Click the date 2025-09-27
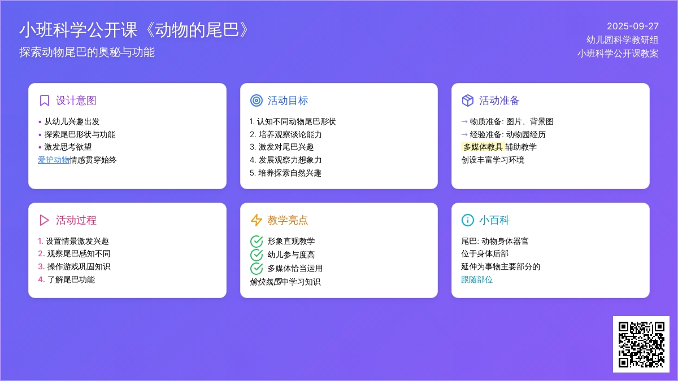click(x=633, y=27)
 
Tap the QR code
click(x=641, y=344)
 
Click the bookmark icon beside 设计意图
click(x=45, y=100)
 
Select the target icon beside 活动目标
click(x=257, y=100)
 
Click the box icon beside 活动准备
click(x=468, y=100)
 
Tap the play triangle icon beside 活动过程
click(x=44, y=220)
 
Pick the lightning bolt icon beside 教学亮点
click(x=257, y=220)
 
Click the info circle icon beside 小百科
click(x=468, y=220)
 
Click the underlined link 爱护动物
click(x=54, y=160)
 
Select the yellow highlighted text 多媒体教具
click(x=483, y=147)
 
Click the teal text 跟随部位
click(x=477, y=280)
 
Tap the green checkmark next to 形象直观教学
click(x=257, y=242)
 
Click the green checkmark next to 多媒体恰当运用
click(x=257, y=268)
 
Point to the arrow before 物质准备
click(x=464, y=122)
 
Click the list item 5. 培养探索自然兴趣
click(x=285, y=173)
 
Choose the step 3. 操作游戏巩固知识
click(x=74, y=266)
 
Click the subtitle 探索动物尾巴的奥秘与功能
click(x=87, y=52)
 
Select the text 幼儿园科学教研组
click(x=622, y=40)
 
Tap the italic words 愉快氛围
click(x=266, y=282)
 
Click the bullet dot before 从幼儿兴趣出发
click(x=40, y=122)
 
